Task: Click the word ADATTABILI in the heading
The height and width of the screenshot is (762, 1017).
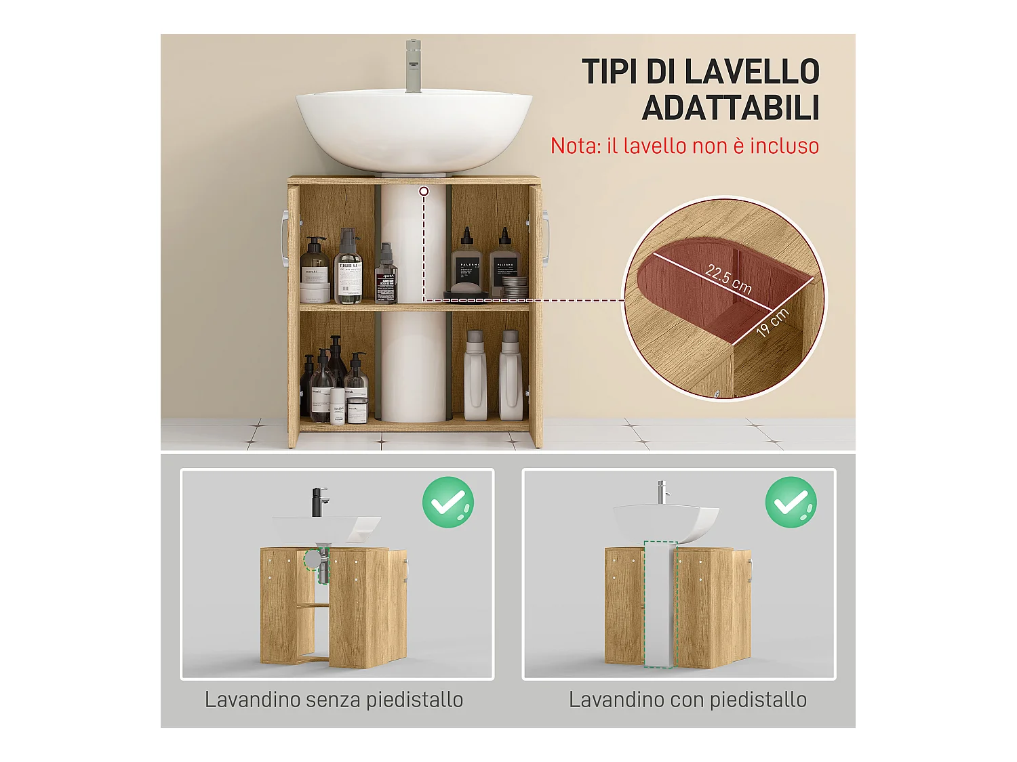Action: [730, 108]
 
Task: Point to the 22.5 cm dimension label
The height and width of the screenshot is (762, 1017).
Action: [728, 278]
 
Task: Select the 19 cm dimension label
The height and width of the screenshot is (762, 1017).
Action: [773, 322]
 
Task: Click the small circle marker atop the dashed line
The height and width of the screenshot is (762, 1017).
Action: [424, 192]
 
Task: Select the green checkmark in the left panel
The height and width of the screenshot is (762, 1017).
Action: [448, 502]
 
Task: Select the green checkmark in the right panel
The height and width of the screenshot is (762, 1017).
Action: [791, 502]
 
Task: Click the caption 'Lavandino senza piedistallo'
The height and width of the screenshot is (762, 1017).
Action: [334, 700]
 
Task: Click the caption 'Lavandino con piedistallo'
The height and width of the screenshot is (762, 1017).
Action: [687, 700]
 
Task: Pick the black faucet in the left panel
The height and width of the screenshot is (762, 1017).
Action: [319, 502]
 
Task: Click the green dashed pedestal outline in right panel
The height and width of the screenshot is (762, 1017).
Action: [660, 603]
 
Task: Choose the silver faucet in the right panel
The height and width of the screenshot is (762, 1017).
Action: [662, 492]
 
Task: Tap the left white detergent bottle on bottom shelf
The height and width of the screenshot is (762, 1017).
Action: [475, 376]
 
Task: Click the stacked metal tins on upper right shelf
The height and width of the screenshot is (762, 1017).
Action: [516, 287]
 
